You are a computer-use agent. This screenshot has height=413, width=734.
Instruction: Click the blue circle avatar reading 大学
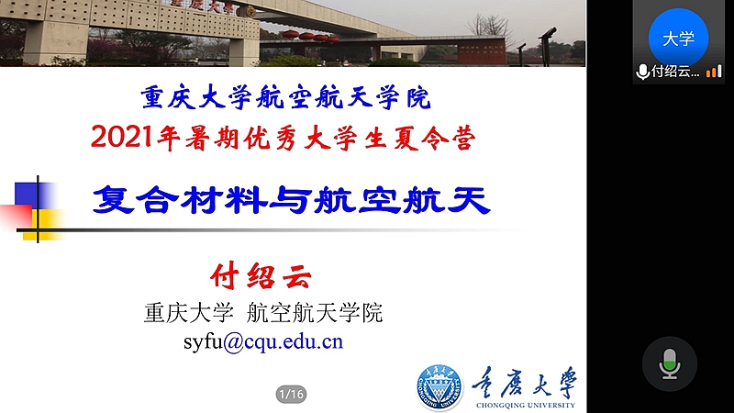click(x=678, y=38)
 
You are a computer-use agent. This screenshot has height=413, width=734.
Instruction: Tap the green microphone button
click(x=670, y=363)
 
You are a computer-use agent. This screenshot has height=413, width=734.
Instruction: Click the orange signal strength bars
click(x=714, y=72)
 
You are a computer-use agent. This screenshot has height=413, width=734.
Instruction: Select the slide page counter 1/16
click(x=291, y=395)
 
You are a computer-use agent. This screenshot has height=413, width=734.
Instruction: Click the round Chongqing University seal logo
click(x=440, y=387)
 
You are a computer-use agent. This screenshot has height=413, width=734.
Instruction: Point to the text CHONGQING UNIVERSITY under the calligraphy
click(x=525, y=405)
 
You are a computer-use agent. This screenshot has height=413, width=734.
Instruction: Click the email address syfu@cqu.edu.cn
click(x=263, y=341)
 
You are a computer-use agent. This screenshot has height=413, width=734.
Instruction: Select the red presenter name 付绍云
click(x=261, y=276)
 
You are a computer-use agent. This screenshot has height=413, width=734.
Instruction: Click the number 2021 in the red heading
click(x=122, y=137)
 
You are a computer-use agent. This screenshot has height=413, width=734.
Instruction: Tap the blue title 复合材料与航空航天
click(x=291, y=200)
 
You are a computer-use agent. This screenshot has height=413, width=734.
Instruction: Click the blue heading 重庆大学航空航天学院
click(x=285, y=97)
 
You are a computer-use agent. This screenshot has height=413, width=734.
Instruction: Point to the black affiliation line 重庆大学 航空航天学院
click(x=263, y=312)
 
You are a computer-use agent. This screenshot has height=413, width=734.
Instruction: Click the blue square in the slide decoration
click(x=34, y=195)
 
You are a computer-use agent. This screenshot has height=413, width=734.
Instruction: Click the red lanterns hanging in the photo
click(x=310, y=37)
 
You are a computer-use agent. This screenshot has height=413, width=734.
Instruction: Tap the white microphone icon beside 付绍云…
click(x=643, y=72)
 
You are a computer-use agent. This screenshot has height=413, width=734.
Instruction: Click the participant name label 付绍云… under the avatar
click(x=675, y=72)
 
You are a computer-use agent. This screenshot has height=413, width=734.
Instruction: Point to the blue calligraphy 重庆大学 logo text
click(x=524, y=383)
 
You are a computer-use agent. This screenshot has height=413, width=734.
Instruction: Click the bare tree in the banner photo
click(x=488, y=27)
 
